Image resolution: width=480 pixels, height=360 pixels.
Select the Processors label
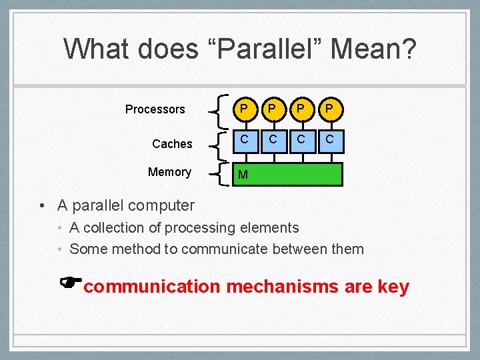coord(155,109)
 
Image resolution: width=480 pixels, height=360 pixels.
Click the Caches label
coord(172,144)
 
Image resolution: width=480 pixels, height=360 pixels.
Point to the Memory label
coord(169,172)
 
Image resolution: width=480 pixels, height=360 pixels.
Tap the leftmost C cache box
coord(245,139)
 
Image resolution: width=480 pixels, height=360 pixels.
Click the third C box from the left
coord(301,139)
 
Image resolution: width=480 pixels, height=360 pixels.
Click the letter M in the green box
coord(243,175)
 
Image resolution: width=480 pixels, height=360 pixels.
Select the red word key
coord(393,287)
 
